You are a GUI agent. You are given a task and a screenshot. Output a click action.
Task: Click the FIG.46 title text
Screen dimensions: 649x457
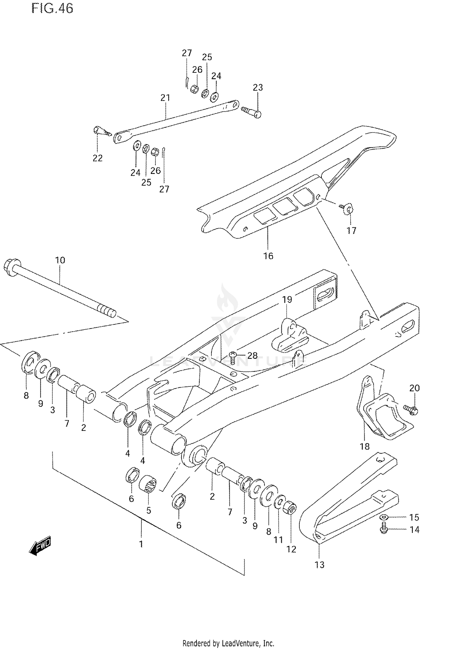52,9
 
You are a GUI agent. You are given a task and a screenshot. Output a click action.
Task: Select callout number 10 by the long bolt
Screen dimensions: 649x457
60,260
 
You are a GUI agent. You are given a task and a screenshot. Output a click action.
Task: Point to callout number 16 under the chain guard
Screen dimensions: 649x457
268,256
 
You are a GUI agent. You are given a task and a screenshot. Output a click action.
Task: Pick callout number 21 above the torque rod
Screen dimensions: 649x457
165,98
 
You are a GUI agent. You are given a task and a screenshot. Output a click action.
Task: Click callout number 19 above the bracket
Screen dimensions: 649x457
287,299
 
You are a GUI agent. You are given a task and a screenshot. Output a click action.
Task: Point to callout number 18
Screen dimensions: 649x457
364,446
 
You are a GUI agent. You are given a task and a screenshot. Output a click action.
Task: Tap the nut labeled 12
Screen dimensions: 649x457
290,508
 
